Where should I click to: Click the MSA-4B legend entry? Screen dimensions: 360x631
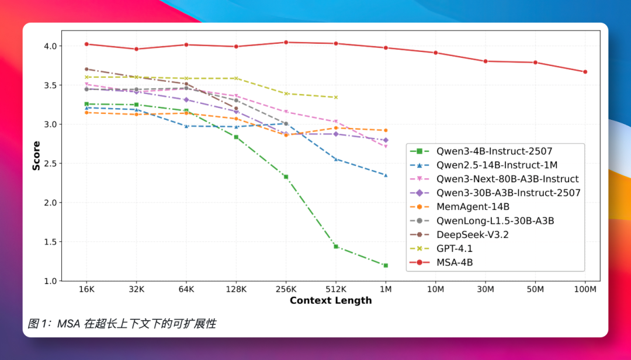point(455,262)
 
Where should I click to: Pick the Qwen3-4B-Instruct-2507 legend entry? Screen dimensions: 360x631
point(494,150)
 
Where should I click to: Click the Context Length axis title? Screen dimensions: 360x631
point(331,300)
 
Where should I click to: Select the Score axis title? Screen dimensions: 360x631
point(36,155)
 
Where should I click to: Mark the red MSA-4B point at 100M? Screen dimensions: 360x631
point(585,72)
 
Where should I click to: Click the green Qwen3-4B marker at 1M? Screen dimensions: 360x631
point(386,265)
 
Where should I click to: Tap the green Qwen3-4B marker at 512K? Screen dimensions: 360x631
point(336,247)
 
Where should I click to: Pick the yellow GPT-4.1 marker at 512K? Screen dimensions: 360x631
point(336,97)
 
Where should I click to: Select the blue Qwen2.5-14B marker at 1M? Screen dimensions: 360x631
point(386,175)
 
